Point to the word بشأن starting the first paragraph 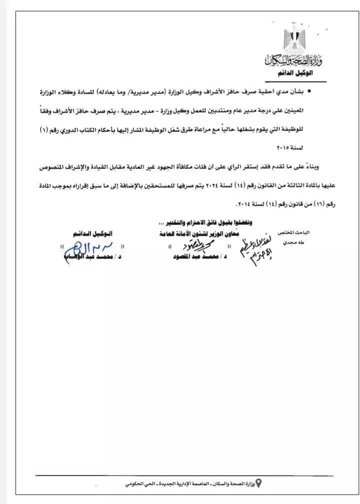pos(298,92)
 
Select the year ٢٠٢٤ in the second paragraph pos(211,184)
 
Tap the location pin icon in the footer pos(258,482)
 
